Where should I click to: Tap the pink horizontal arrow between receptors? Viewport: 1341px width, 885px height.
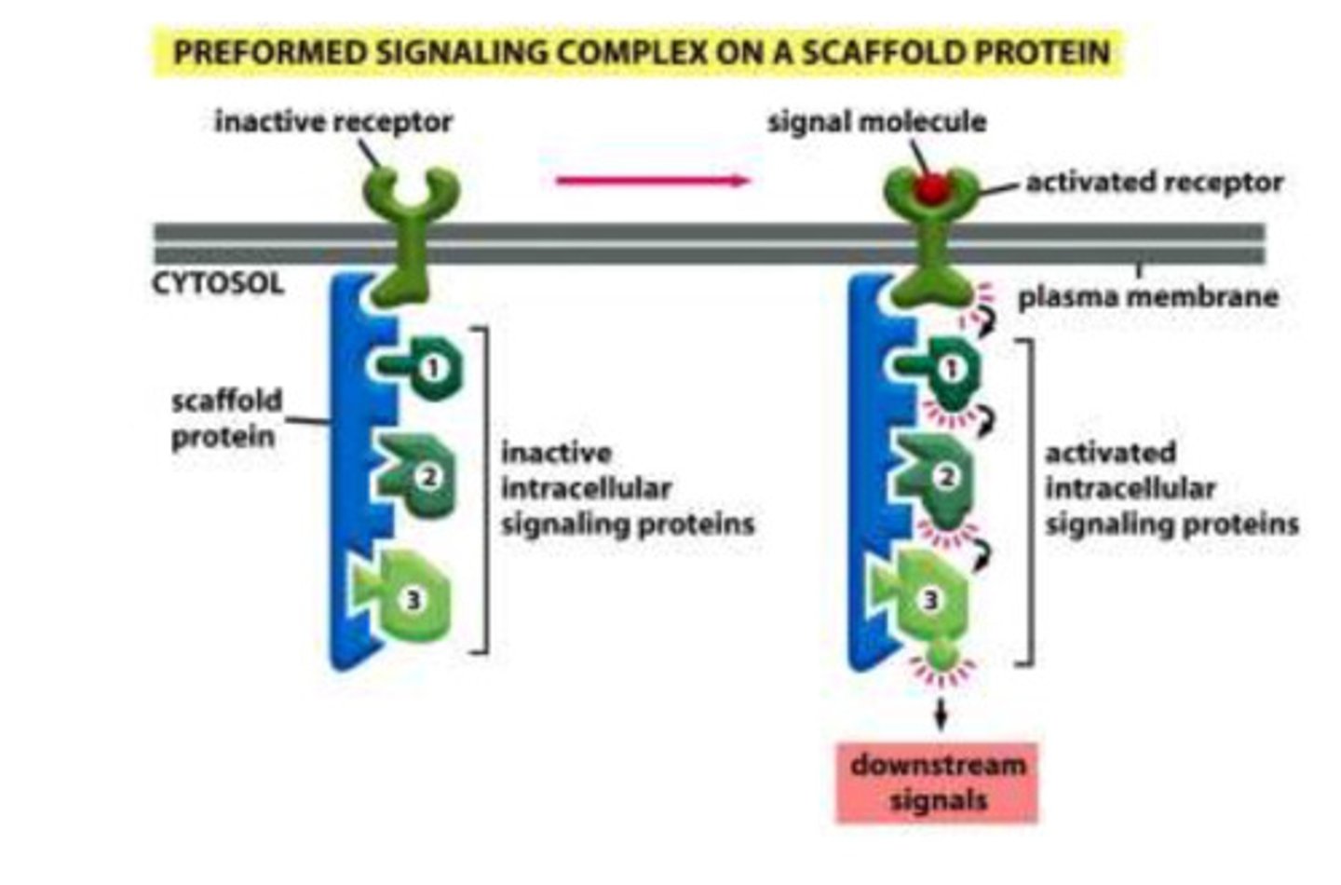point(652,181)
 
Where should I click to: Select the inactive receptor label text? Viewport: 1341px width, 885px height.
point(332,121)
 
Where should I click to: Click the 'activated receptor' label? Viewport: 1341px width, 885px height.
point(1154,182)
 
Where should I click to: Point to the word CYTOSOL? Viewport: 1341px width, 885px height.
point(217,283)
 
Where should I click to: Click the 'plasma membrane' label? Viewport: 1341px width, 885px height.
point(1147,297)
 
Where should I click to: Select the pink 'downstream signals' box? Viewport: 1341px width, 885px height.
point(937,783)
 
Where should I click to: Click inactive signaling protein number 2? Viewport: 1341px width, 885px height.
point(421,477)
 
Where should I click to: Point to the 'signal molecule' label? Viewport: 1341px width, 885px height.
point(876,121)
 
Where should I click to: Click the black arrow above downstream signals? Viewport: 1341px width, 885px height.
point(941,715)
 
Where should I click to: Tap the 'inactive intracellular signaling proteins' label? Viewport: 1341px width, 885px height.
point(627,488)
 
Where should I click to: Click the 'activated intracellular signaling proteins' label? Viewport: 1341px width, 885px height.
point(1170,488)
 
